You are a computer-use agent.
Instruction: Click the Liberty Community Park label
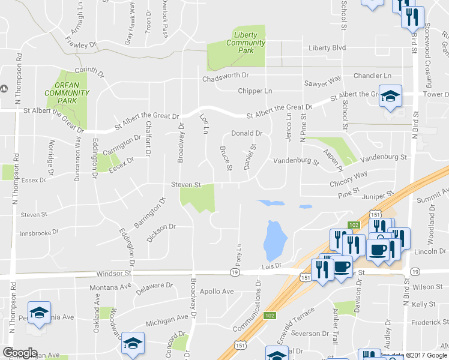(246, 43)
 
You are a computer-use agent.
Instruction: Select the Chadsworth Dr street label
(225, 76)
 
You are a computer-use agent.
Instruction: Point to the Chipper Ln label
(255, 91)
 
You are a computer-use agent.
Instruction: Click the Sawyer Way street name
(322, 79)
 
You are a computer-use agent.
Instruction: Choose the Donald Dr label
(248, 134)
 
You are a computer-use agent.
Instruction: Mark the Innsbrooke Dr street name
(40, 233)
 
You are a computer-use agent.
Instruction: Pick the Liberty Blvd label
(327, 48)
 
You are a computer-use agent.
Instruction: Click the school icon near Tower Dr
(390, 96)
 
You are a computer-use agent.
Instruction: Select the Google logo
(20, 353)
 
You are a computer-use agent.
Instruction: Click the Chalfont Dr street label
(149, 137)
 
